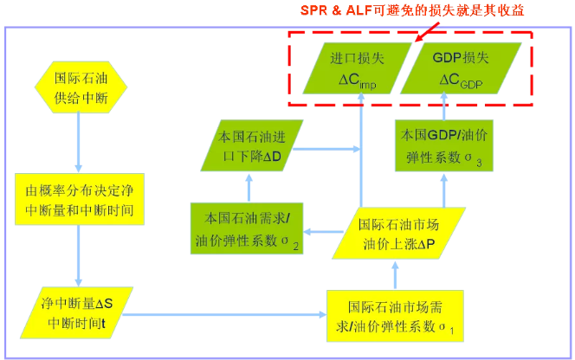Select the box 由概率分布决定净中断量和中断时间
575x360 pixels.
[x=79, y=199]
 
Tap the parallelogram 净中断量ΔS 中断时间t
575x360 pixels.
[x=79, y=312]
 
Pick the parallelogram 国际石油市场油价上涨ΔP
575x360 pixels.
[x=397, y=233]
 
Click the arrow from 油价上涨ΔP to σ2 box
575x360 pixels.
[x=320, y=231]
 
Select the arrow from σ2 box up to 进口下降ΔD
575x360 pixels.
[x=249, y=186]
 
